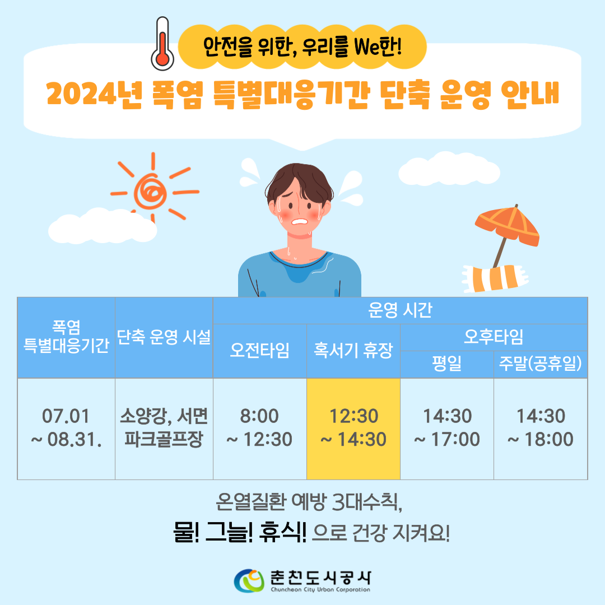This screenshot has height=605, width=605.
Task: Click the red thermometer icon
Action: click(x=162, y=44)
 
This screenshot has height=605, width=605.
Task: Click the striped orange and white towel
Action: click(x=495, y=278)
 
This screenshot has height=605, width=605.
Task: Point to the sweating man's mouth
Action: click(x=300, y=221)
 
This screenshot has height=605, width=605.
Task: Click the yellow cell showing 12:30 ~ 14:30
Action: click(x=353, y=429)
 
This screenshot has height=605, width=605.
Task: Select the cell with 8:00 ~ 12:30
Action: click(x=260, y=429)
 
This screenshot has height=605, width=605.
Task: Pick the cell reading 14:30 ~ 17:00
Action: click(x=447, y=429)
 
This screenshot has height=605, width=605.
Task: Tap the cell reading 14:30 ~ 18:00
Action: click(x=541, y=429)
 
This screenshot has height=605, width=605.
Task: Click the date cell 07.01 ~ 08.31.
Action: click(x=66, y=429)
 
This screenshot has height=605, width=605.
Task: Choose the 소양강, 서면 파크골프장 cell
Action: click(x=164, y=429)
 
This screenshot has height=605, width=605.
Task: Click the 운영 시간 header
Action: click(x=400, y=310)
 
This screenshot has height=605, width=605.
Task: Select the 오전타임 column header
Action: click(x=260, y=351)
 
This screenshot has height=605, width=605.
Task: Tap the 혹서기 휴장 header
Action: click(x=353, y=351)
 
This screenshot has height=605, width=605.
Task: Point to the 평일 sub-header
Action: click(x=447, y=364)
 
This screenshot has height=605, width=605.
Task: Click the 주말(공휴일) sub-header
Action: click(x=541, y=364)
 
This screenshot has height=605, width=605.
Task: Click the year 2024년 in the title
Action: click(x=94, y=94)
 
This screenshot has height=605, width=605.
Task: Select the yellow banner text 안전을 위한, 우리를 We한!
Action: click(x=302, y=47)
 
